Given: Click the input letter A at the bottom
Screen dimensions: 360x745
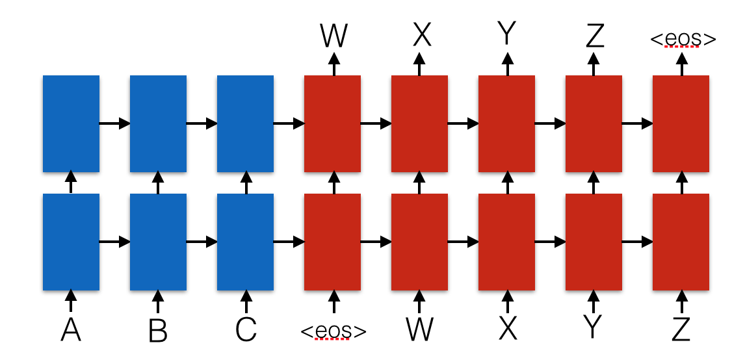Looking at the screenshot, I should point(71,329).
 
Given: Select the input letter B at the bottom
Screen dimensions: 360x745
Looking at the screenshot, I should point(158,329).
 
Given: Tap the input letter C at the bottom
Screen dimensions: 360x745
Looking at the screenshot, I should point(246,329).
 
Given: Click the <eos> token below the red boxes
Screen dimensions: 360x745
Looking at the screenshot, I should point(333,331).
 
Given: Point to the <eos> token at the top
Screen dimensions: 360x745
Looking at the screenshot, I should point(683,39).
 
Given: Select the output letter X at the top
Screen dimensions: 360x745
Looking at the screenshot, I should point(421,36).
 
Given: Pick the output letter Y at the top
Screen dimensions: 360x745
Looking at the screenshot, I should point(507,36).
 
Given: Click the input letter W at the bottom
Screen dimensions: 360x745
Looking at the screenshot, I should point(420,329).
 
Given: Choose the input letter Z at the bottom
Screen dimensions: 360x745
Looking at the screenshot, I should point(681,329).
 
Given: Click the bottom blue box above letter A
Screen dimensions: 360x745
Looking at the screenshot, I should point(71,242).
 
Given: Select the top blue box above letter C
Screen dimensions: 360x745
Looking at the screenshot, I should point(245,123).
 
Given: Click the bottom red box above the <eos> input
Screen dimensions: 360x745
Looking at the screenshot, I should point(333,242).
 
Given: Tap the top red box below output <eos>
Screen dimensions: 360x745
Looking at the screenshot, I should point(681,123).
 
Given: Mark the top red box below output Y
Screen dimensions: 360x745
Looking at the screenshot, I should point(506,123).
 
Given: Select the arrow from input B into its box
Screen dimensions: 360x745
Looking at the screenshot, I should point(158,301).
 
